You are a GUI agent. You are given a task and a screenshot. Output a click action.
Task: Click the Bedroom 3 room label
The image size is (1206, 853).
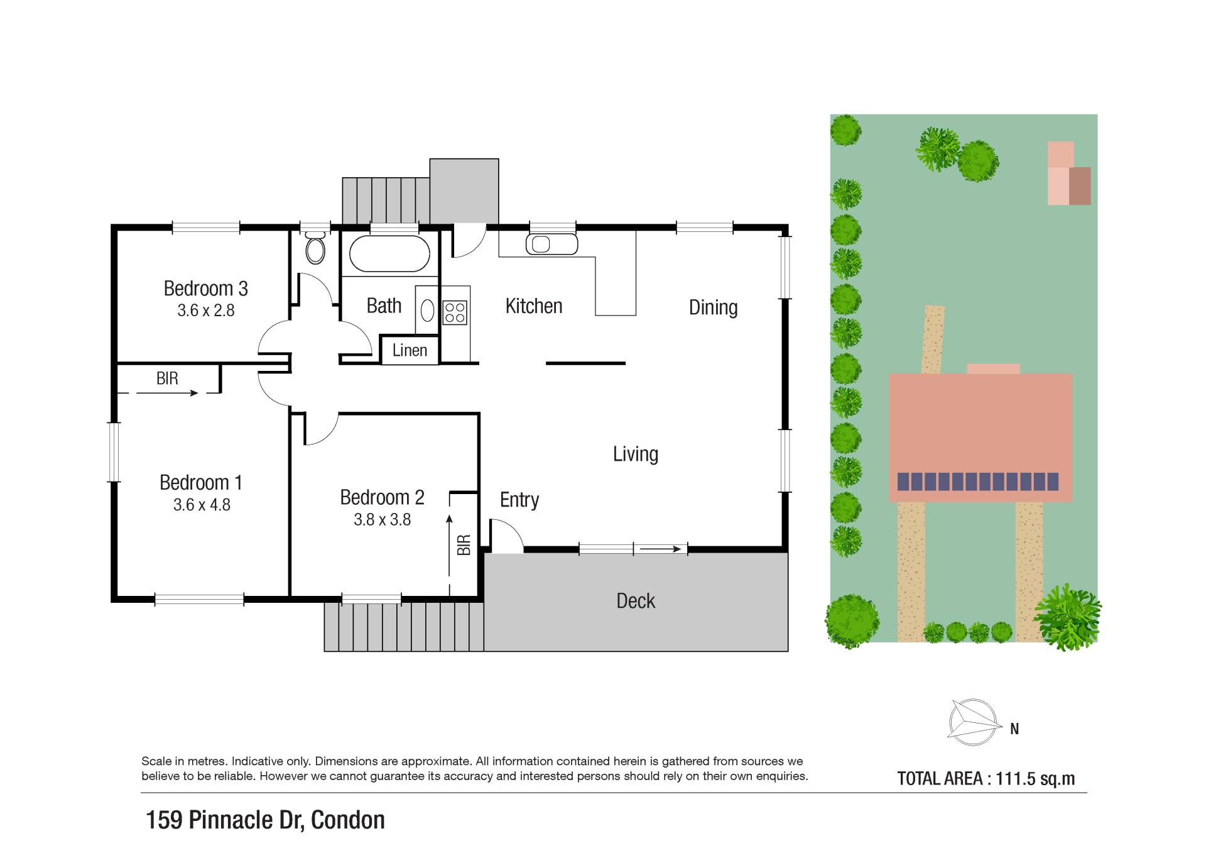(205, 289)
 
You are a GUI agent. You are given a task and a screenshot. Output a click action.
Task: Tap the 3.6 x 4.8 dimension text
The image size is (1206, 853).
(202, 505)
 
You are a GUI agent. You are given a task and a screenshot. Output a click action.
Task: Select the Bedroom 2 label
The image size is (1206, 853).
(382, 497)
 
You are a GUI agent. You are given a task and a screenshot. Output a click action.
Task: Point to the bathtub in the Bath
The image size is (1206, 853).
(389, 253)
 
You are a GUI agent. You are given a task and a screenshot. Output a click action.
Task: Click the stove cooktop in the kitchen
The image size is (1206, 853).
(455, 312)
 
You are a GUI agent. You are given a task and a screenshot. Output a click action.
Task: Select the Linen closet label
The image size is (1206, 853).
(410, 350)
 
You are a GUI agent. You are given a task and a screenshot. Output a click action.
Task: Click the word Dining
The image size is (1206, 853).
(713, 307)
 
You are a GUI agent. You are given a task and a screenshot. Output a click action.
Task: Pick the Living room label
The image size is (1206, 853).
(636, 454)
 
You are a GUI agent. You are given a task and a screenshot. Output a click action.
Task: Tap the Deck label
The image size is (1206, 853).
(636, 601)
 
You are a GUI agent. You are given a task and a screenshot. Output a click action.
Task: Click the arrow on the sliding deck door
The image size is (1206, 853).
(660, 549)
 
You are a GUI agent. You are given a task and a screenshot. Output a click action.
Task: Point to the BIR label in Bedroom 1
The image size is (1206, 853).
(167, 378)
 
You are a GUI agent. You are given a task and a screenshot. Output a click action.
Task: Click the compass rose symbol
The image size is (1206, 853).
(975, 722)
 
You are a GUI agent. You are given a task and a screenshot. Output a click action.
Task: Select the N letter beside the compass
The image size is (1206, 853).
(1014, 729)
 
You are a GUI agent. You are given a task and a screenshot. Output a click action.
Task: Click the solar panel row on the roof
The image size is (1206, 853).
(978, 482)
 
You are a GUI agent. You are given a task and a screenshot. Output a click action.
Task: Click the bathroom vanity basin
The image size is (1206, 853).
(427, 311)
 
